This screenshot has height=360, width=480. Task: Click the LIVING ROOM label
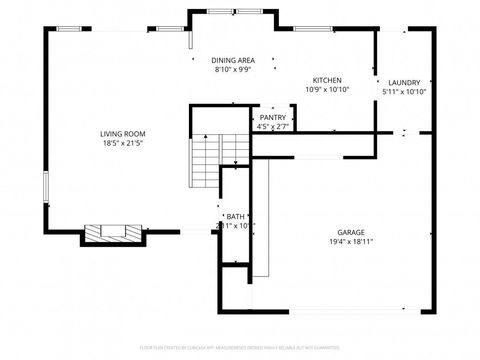(122, 133)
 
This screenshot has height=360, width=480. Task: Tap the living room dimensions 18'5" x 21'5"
(122, 144)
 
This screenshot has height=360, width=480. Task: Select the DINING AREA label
(232, 60)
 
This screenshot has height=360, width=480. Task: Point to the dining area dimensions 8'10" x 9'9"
(232, 70)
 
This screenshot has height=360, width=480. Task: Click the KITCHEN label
(327, 80)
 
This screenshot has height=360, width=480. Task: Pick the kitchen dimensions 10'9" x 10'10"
(327, 90)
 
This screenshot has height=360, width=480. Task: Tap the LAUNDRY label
(404, 82)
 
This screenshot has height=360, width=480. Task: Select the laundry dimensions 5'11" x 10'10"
(404, 92)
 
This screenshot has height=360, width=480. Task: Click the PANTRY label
(273, 117)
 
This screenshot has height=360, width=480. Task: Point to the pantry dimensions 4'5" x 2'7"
(273, 127)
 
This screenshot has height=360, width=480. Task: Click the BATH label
(235, 216)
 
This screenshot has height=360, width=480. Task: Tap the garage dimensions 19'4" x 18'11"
(351, 241)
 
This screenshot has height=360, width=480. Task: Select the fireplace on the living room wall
(109, 233)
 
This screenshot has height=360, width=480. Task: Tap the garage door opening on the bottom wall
(345, 311)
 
